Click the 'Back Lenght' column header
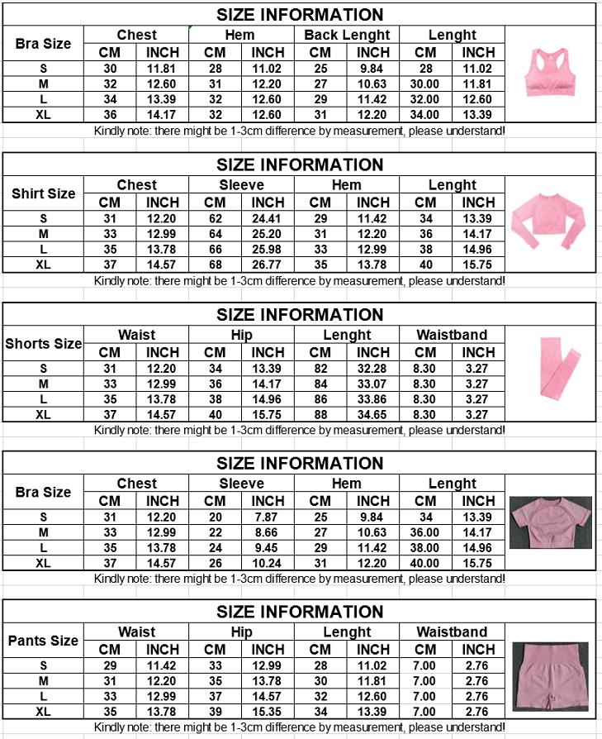click(347, 35)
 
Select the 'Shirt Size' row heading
click(44, 193)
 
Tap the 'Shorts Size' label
click(44, 343)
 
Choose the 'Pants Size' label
click(44, 641)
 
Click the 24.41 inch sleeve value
click(268, 218)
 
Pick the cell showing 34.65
click(373, 414)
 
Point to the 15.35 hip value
click(268, 712)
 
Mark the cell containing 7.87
click(268, 517)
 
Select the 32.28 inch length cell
click(373, 368)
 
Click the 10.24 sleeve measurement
click(268, 563)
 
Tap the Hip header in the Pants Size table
click(241, 632)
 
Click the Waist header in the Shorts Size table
click(136, 335)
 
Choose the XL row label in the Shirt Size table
click(44, 265)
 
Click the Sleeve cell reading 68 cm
click(215, 265)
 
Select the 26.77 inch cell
click(268, 265)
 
